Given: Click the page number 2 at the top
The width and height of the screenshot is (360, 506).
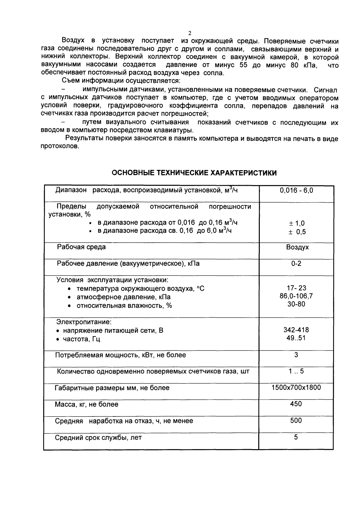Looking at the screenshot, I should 189,33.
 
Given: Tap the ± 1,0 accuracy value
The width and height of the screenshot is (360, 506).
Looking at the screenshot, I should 296,223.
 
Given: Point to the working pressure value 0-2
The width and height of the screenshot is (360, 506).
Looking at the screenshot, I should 296,263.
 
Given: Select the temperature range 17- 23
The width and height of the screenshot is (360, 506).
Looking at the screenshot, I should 296,288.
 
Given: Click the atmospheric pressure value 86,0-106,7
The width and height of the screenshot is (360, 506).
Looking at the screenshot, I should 296,296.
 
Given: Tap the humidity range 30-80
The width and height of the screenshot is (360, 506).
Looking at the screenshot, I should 296,304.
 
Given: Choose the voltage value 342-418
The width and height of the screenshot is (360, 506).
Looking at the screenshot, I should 296,330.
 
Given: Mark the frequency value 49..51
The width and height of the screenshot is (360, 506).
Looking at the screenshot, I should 296,338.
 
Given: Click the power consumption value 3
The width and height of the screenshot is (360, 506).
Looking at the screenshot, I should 296,355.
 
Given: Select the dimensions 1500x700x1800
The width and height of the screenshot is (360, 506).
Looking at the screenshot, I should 296,388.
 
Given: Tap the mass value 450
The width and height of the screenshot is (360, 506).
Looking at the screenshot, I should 296,404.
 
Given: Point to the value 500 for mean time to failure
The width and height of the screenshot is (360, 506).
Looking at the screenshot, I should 296,421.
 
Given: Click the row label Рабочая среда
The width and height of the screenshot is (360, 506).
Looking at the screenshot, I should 81,247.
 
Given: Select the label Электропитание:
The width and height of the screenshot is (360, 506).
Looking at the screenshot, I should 84,322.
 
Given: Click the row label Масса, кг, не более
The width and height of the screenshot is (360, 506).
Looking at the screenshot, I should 86,405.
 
